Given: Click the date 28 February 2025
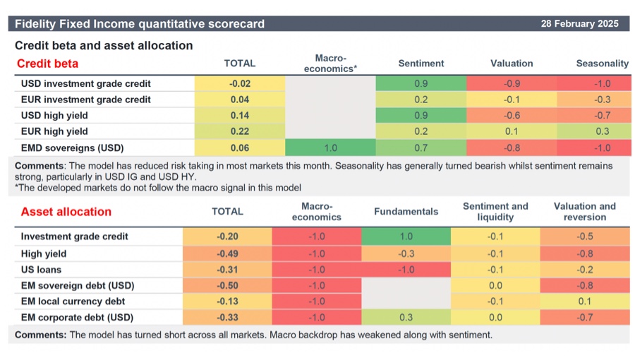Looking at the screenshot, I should point(579,23).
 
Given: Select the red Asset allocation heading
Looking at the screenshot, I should point(66,211).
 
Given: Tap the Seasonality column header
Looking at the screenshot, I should point(602,64).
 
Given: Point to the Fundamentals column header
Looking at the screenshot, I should point(406,211).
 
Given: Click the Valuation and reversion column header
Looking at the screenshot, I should point(584,211).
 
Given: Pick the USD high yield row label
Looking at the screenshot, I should point(56,116).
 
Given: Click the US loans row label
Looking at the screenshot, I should point(41,269).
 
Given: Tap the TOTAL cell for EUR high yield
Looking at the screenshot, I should point(239,132).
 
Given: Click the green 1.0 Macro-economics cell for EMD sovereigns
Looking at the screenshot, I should point(329,148).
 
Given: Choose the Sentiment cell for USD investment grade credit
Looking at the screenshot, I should point(421,83).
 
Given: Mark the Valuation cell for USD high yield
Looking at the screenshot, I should point(512,116).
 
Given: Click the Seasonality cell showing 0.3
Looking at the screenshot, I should point(602,132).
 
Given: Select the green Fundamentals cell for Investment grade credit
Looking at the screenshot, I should point(406,236).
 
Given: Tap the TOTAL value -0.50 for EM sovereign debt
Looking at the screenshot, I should point(228,285).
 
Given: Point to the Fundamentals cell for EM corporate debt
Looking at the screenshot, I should point(406,318).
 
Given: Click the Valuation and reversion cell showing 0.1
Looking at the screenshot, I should point(584,301).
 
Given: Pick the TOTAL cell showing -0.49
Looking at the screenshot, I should point(228,253).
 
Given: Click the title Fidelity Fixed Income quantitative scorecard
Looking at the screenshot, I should point(140,23).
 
